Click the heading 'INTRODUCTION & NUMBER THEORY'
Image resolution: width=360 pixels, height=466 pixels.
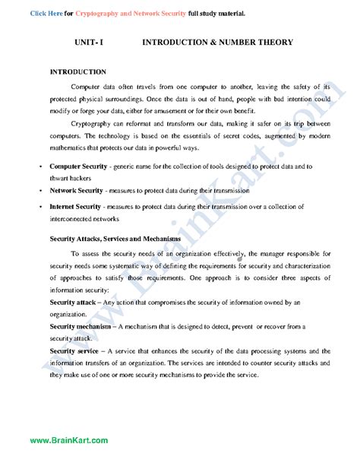pyautogui.click(x=218, y=45)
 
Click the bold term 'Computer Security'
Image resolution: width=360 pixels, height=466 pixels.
pyautogui.click(x=77, y=165)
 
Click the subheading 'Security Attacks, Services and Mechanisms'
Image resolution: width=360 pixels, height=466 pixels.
pyautogui.click(x=115, y=239)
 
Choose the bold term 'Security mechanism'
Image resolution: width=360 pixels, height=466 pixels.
pyautogui.click(x=81, y=326)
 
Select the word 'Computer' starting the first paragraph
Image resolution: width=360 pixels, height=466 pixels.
pyautogui.click(x=84, y=86)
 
